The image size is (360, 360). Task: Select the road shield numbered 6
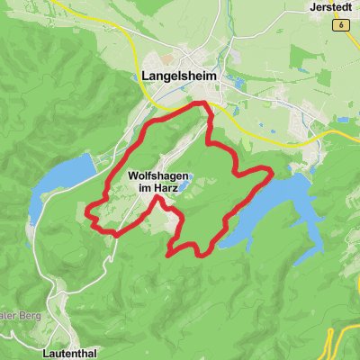click(342, 26)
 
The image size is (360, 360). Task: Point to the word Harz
click(168, 191)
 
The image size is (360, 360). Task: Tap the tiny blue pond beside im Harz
click(183, 188)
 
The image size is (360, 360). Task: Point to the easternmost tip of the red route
click(271, 170)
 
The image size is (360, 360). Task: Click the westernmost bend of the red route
click(86, 211)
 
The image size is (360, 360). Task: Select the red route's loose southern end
click(170, 255)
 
